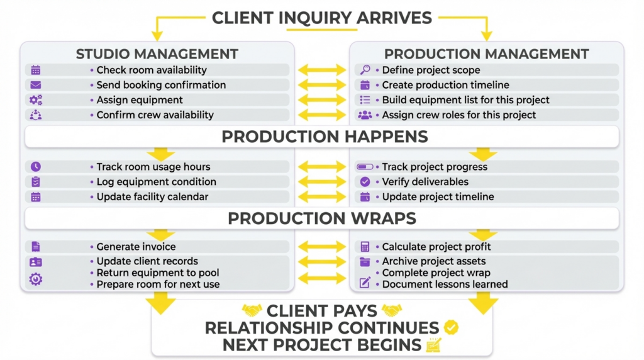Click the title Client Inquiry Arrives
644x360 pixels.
[321, 18]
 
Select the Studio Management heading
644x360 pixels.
[157, 54]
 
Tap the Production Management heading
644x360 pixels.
[486, 54]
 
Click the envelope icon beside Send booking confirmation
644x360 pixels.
[36, 85]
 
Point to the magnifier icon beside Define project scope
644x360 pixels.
[365, 70]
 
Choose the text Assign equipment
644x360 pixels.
[140, 100]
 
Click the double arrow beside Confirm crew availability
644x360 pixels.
[322, 115]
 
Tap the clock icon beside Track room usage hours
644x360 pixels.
[36, 167]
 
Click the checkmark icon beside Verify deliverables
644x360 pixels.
[365, 182]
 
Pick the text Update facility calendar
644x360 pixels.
[152, 197]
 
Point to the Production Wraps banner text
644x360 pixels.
[321, 218]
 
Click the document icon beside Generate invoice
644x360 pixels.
[36, 247]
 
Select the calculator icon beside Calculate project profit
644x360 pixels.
[365, 247]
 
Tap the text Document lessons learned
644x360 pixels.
[445, 284]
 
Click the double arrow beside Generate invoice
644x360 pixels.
[322, 247]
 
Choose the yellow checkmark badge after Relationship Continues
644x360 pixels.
[451, 328]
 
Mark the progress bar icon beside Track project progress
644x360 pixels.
[365, 167]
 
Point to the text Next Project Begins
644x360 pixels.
[322, 345]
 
